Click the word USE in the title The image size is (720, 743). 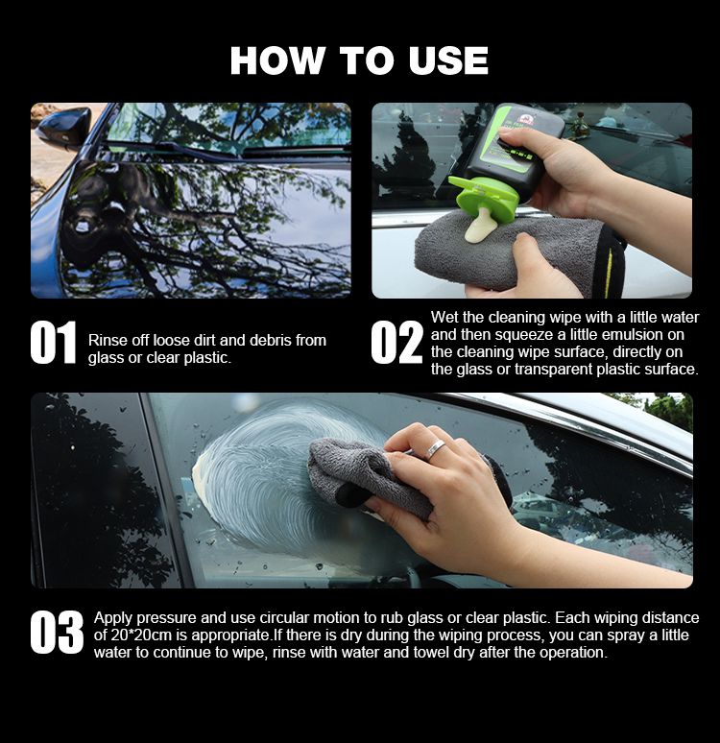click(x=448, y=60)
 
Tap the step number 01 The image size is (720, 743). click(x=53, y=342)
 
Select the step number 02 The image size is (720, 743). click(x=396, y=342)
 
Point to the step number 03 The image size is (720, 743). click(x=57, y=632)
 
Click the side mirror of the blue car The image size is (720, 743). click(x=65, y=126)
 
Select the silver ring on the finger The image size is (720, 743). click(x=435, y=448)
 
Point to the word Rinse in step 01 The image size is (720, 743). click(x=107, y=340)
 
